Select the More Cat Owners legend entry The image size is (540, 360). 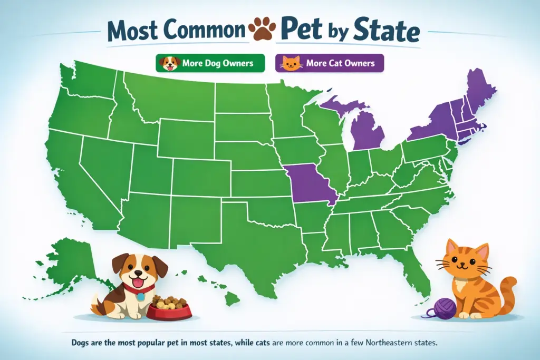(x=330, y=63)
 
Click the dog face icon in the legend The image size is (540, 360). (x=170, y=63)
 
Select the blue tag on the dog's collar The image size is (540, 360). (x=140, y=296)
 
